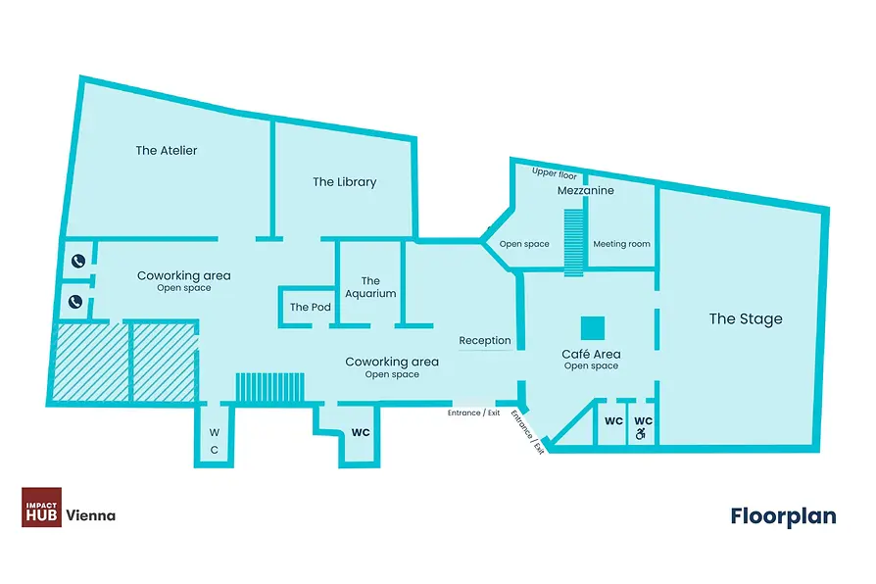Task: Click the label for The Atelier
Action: (x=167, y=150)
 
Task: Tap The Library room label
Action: (x=345, y=181)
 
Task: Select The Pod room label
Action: (x=310, y=307)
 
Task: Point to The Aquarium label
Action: (x=370, y=287)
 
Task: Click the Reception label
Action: (x=485, y=340)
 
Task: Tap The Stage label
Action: (x=746, y=318)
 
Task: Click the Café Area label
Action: (x=591, y=355)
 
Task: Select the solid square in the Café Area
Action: (x=593, y=328)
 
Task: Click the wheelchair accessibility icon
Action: (x=641, y=433)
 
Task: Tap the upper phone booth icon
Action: (x=77, y=261)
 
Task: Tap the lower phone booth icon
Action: (x=75, y=302)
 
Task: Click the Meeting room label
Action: (x=622, y=244)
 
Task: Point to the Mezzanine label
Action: (x=586, y=190)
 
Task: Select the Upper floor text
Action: (x=555, y=173)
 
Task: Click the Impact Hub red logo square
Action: (x=42, y=507)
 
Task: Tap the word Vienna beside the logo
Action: (x=91, y=515)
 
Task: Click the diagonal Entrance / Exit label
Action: (x=527, y=432)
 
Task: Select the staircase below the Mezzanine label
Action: (x=574, y=243)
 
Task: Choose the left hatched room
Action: (x=91, y=362)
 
